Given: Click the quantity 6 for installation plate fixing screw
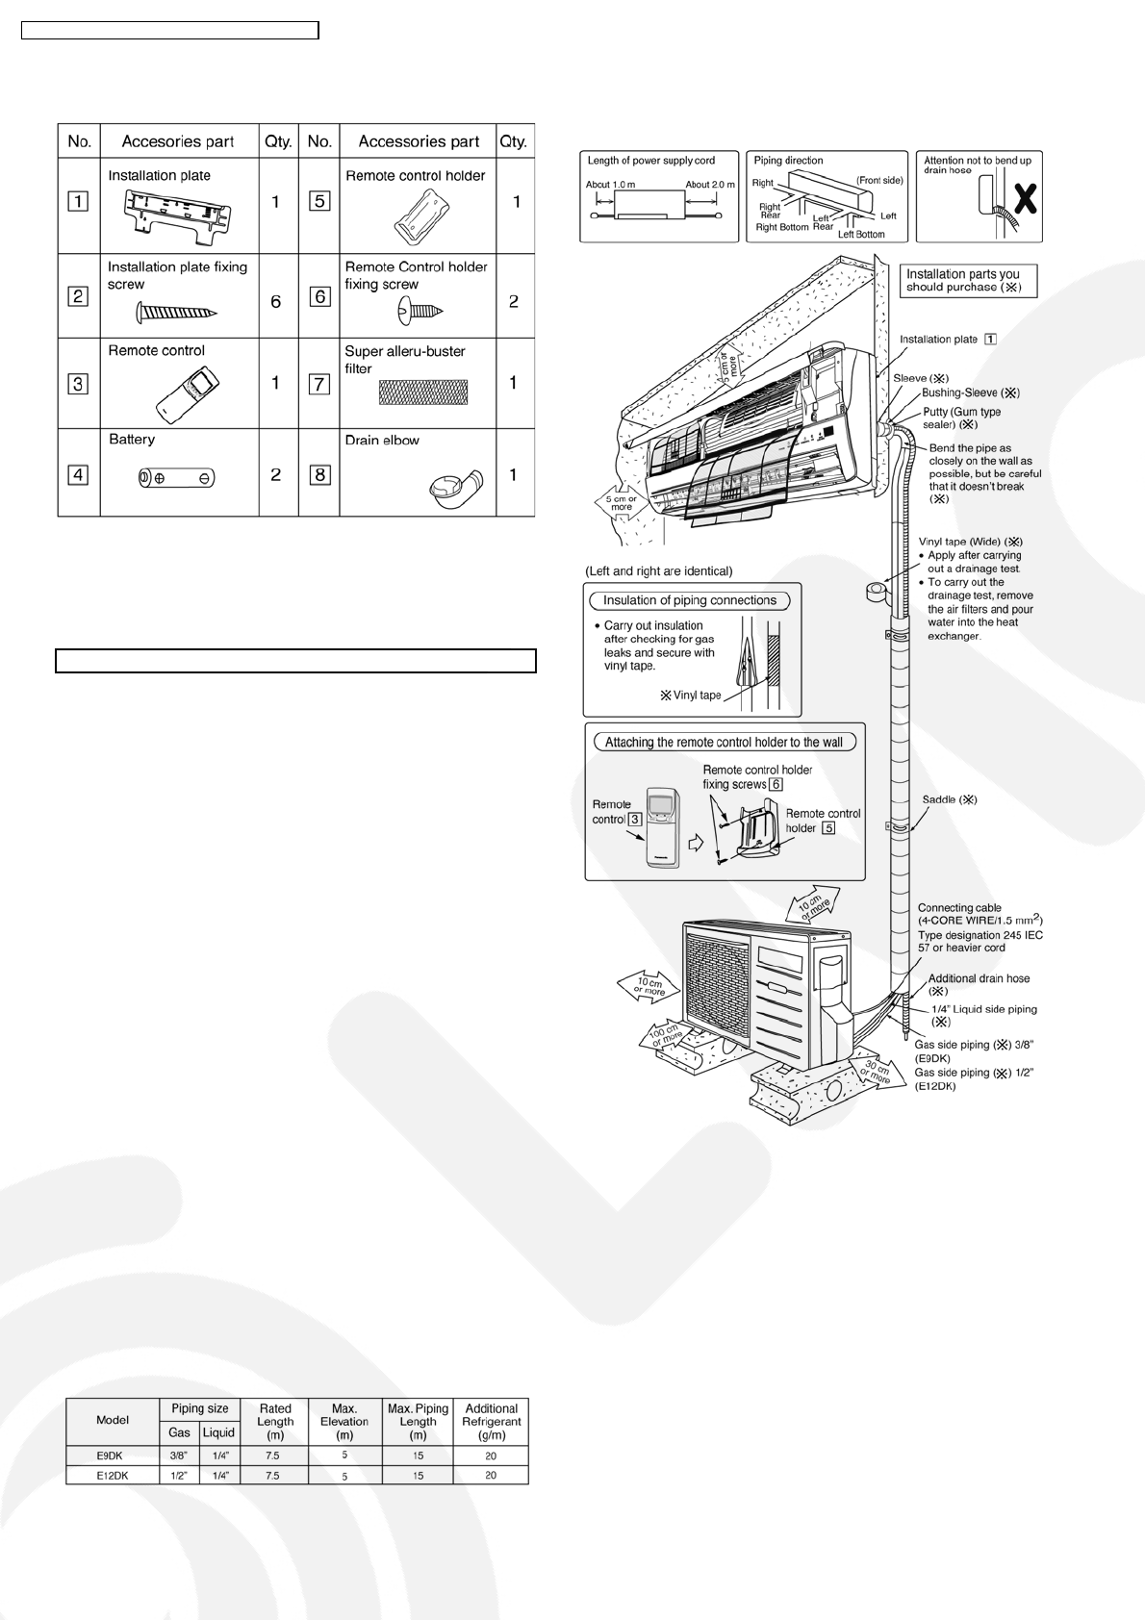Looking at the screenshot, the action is tap(276, 302).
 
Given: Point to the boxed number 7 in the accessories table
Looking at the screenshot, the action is tap(319, 384).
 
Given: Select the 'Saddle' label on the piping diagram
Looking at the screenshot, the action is tap(949, 799).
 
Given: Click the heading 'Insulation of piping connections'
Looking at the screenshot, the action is tap(689, 600).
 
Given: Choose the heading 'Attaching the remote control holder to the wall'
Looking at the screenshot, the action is tap(724, 742).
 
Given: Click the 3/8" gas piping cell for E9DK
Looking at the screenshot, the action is tap(179, 1455).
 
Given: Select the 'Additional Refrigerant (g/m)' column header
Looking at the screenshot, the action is tap(491, 1421).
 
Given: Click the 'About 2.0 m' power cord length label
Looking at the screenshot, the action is tap(709, 185).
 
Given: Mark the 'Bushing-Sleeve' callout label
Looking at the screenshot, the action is tap(970, 392).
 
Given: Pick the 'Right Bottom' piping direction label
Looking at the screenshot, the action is tap(782, 228).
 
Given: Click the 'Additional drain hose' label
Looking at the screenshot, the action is tap(979, 978).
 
